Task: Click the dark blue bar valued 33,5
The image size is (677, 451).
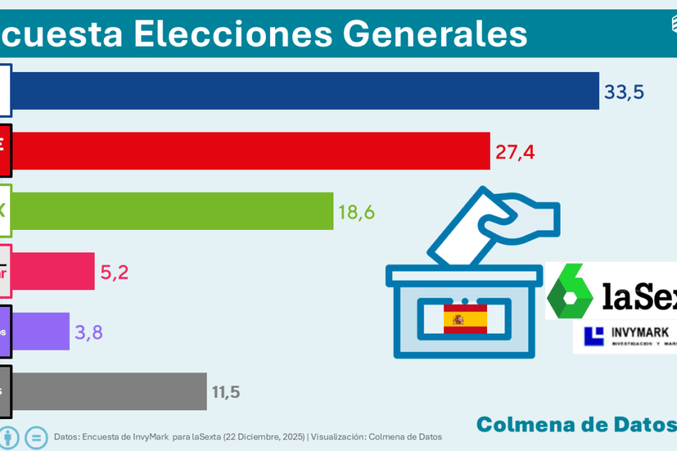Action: pos(306,91)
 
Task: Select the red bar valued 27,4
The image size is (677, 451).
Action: pos(251,151)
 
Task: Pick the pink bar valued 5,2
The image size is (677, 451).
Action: pos(54,271)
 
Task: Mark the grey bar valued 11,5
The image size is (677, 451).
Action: pos(109,391)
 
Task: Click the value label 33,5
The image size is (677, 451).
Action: pos(624,92)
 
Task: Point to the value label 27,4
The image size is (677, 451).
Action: pos(515,152)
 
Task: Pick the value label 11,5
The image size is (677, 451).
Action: pos(226,392)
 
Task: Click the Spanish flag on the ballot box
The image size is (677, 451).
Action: pos(465,319)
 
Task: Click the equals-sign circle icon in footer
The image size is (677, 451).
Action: pos(36,438)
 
